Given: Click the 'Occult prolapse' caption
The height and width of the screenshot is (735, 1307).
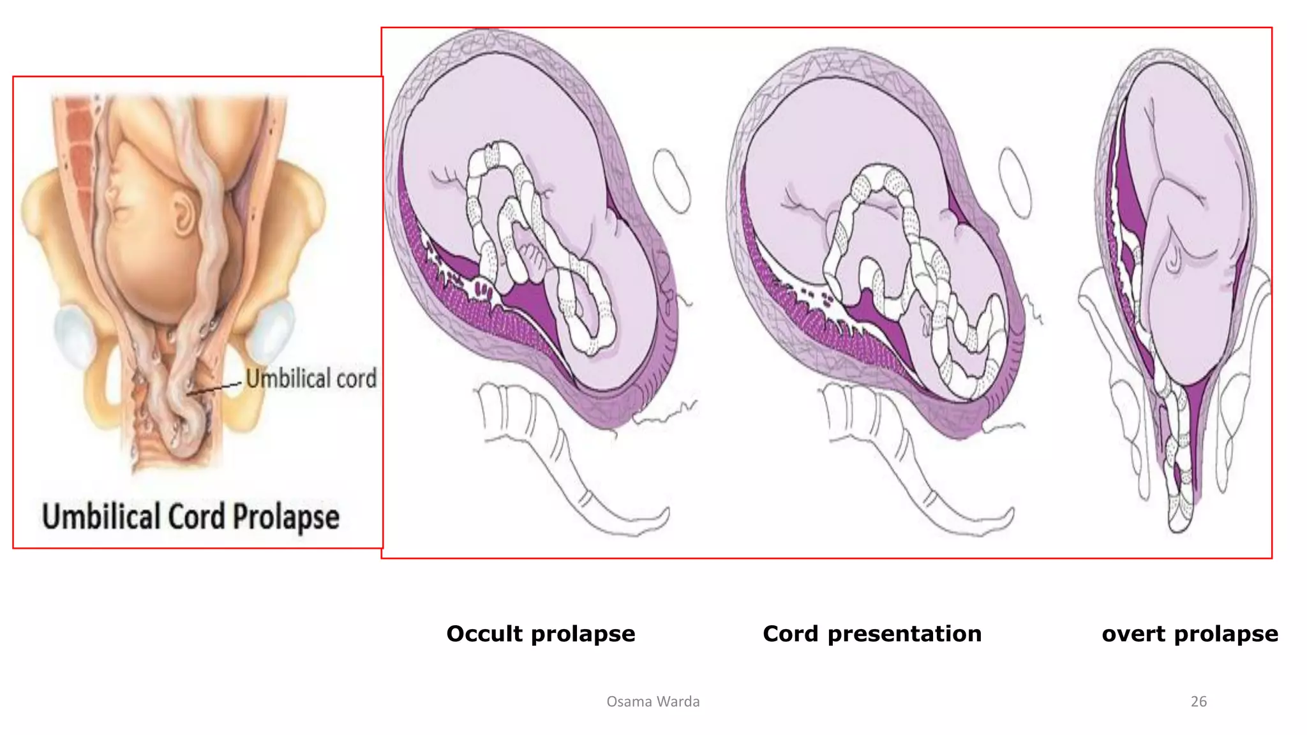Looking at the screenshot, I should coord(541,634).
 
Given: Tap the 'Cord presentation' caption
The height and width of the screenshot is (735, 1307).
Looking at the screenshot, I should coord(872,634).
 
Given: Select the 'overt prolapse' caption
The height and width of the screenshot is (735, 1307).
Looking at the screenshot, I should coord(1190,634).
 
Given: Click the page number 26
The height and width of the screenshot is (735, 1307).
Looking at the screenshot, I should coord(1199,701).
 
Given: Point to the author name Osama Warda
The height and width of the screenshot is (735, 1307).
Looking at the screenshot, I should coord(653,701).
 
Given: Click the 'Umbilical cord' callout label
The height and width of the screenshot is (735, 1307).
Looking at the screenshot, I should coord(311,378).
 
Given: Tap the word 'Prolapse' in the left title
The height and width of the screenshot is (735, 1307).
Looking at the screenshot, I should coord(285,517).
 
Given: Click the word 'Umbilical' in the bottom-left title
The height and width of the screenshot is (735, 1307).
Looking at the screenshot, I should coord(101,517).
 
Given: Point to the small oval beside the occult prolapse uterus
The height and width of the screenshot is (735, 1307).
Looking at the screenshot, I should coord(671,181).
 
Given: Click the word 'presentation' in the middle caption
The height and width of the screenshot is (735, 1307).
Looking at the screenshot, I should coord(904,634).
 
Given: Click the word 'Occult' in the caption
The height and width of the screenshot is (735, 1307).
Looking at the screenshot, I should coord(485,634).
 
